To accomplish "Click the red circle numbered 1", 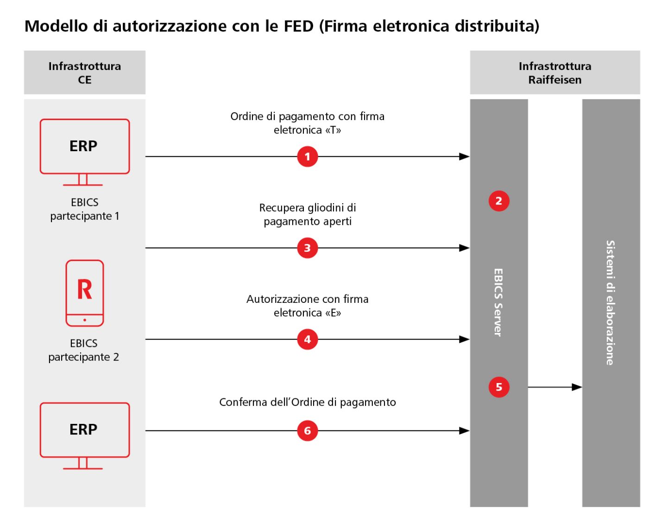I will click(x=307, y=157).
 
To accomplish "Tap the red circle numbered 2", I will click(x=499, y=201).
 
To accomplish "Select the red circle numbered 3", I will click(x=307, y=248).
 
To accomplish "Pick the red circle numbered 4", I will click(x=307, y=339).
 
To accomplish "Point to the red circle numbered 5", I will click(x=499, y=387).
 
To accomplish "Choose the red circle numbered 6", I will click(x=307, y=431).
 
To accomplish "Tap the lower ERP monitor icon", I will click(x=84, y=435).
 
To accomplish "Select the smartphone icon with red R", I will click(x=84, y=293).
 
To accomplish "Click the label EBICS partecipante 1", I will click(x=85, y=209).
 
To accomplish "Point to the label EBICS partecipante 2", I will click(x=84, y=350).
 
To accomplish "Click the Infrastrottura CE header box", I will click(x=85, y=73).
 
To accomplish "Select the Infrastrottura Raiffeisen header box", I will click(x=555, y=73).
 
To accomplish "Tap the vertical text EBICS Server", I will click(x=498, y=302).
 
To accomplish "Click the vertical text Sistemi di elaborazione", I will click(x=610, y=302).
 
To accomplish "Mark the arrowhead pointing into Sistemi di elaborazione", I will click(x=577, y=387).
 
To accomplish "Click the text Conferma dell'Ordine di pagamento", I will click(x=308, y=402).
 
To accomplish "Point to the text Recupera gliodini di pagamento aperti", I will click(x=308, y=214).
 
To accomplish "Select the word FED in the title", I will click(x=298, y=26).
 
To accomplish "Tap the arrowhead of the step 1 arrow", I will click(x=464, y=157).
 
